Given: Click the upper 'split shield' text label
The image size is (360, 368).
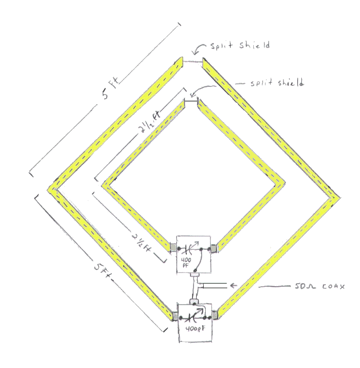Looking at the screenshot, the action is click(x=240, y=45).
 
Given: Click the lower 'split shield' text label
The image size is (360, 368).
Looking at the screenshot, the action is click(x=277, y=83).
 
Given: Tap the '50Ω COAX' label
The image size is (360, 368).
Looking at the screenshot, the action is click(x=320, y=286).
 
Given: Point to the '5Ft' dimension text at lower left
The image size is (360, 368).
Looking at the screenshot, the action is click(x=103, y=272).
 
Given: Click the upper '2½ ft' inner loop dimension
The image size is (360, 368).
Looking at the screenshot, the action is click(x=150, y=122).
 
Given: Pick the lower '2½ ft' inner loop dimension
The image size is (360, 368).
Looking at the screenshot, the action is click(x=141, y=243).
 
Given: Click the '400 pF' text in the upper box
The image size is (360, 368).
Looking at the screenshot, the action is click(x=186, y=262).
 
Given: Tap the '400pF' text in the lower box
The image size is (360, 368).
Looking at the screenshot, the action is click(x=196, y=328).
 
